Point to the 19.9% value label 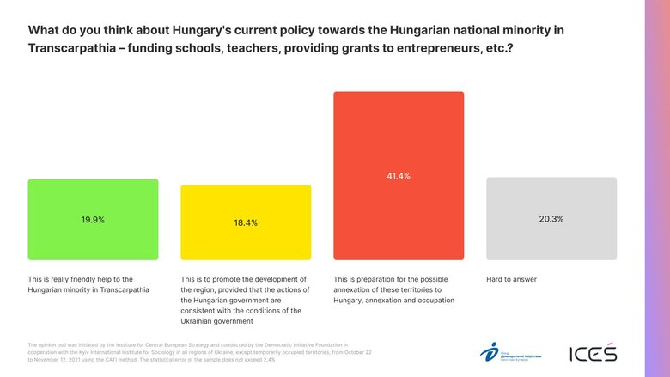click(93, 220)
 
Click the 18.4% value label click(246, 222)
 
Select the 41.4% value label click(399, 176)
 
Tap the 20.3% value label click(551, 219)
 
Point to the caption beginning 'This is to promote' click(244, 300)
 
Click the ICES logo click(593, 353)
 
